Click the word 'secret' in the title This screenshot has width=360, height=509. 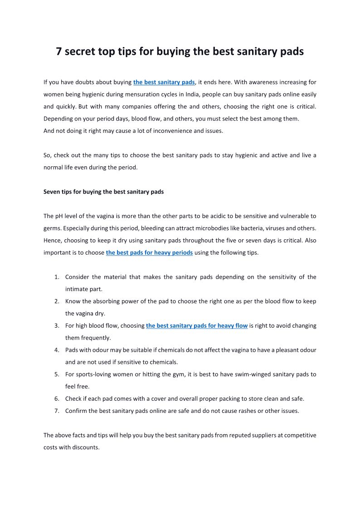[79, 52]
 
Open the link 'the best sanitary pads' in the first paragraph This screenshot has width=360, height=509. [164, 82]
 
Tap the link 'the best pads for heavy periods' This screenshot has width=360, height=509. [149, 252]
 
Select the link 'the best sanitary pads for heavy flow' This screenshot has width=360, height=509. [196, 325]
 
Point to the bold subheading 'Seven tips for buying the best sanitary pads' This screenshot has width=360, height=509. [103, 192]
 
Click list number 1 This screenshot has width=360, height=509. [57, 277]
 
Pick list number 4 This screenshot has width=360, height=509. [57, 350]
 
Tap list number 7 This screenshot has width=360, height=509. [57, 411]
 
